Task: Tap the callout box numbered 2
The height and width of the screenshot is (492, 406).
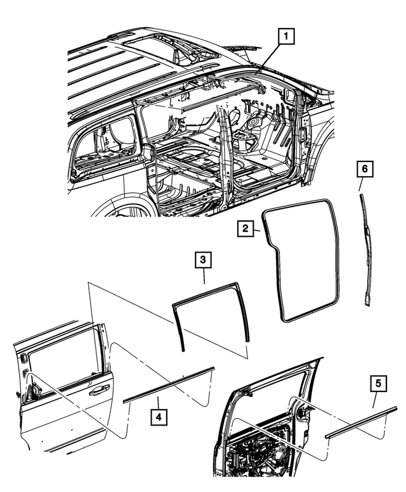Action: [247, 229]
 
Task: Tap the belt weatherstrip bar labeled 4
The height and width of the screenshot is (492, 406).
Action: [169, 384]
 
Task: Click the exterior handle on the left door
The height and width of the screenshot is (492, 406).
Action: [99, 391]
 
